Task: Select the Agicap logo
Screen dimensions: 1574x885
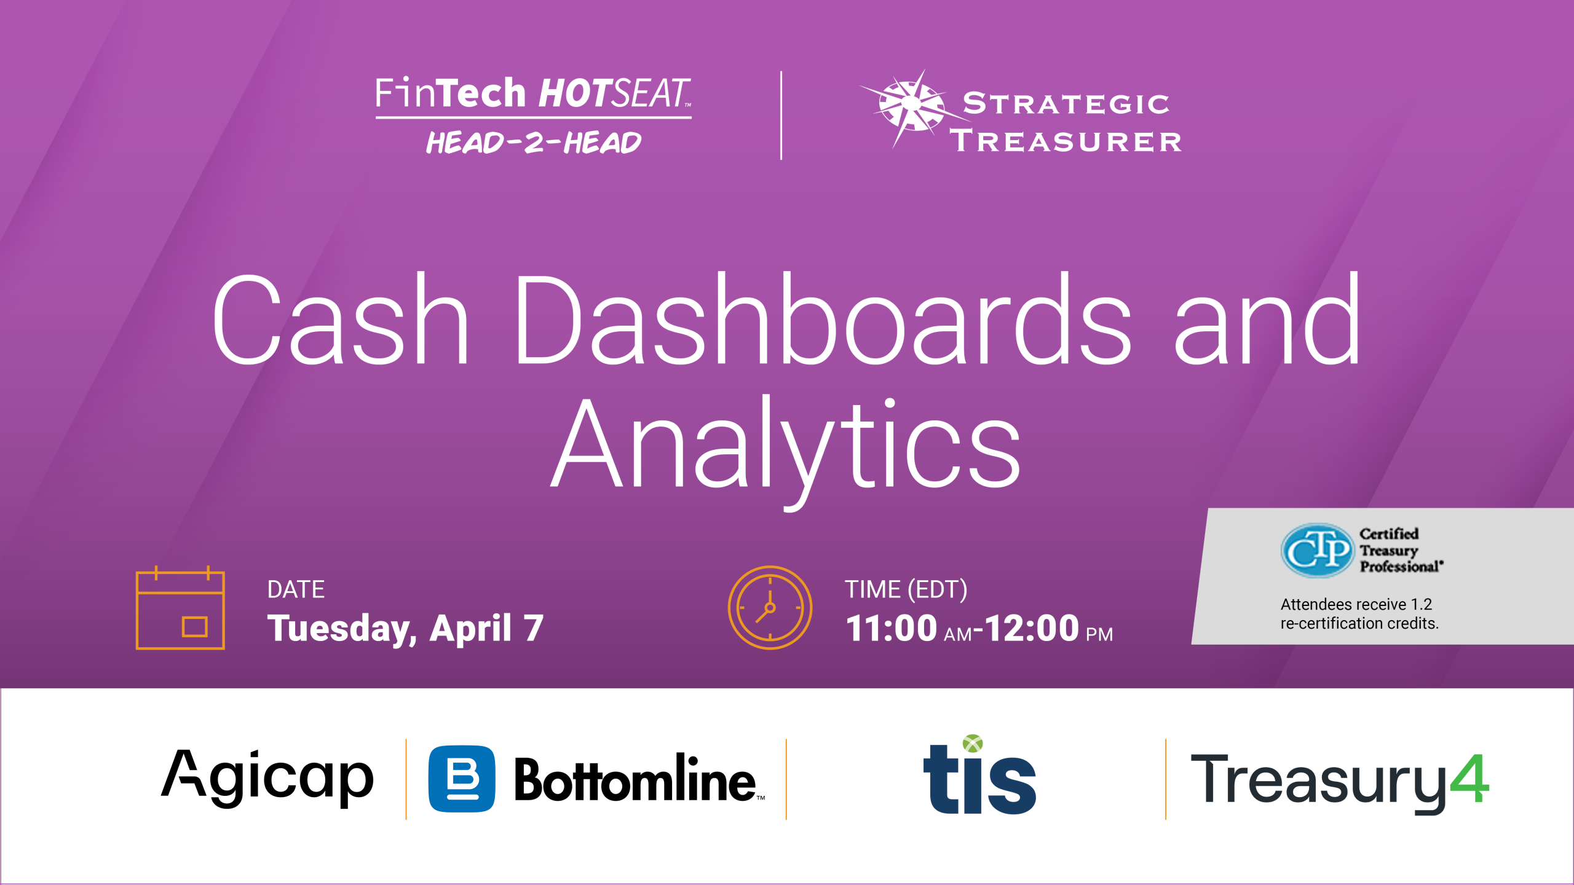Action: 267,778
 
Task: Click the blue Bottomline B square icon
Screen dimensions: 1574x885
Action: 462,779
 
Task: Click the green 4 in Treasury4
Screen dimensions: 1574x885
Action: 1469,778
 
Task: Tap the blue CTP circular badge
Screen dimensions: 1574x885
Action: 1317,550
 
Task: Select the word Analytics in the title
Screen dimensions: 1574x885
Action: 786,449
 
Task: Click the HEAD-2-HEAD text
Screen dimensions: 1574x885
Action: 534,143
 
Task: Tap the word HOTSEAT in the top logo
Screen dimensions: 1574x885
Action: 614,93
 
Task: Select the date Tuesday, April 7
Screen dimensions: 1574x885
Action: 406,629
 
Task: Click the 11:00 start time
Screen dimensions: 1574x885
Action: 891,628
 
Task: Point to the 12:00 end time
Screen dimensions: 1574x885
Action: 1032,628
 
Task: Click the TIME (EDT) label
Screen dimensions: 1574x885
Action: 906,589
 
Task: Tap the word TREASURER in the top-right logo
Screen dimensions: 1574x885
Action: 1066,142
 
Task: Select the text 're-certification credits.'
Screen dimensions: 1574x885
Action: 1359,623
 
